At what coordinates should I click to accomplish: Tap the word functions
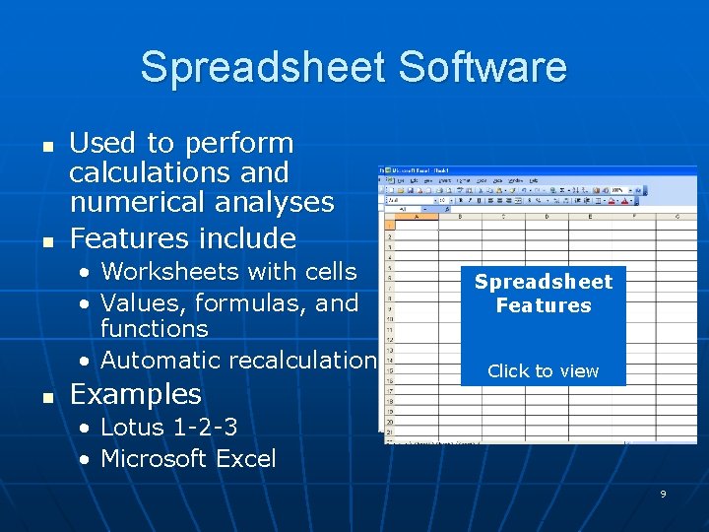coord(155,328)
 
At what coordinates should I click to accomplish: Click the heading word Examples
coord(136,394)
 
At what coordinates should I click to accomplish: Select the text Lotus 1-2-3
coord(169,428)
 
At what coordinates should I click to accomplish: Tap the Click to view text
coord(544,371)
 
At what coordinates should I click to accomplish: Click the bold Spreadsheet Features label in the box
coord(544,294)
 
